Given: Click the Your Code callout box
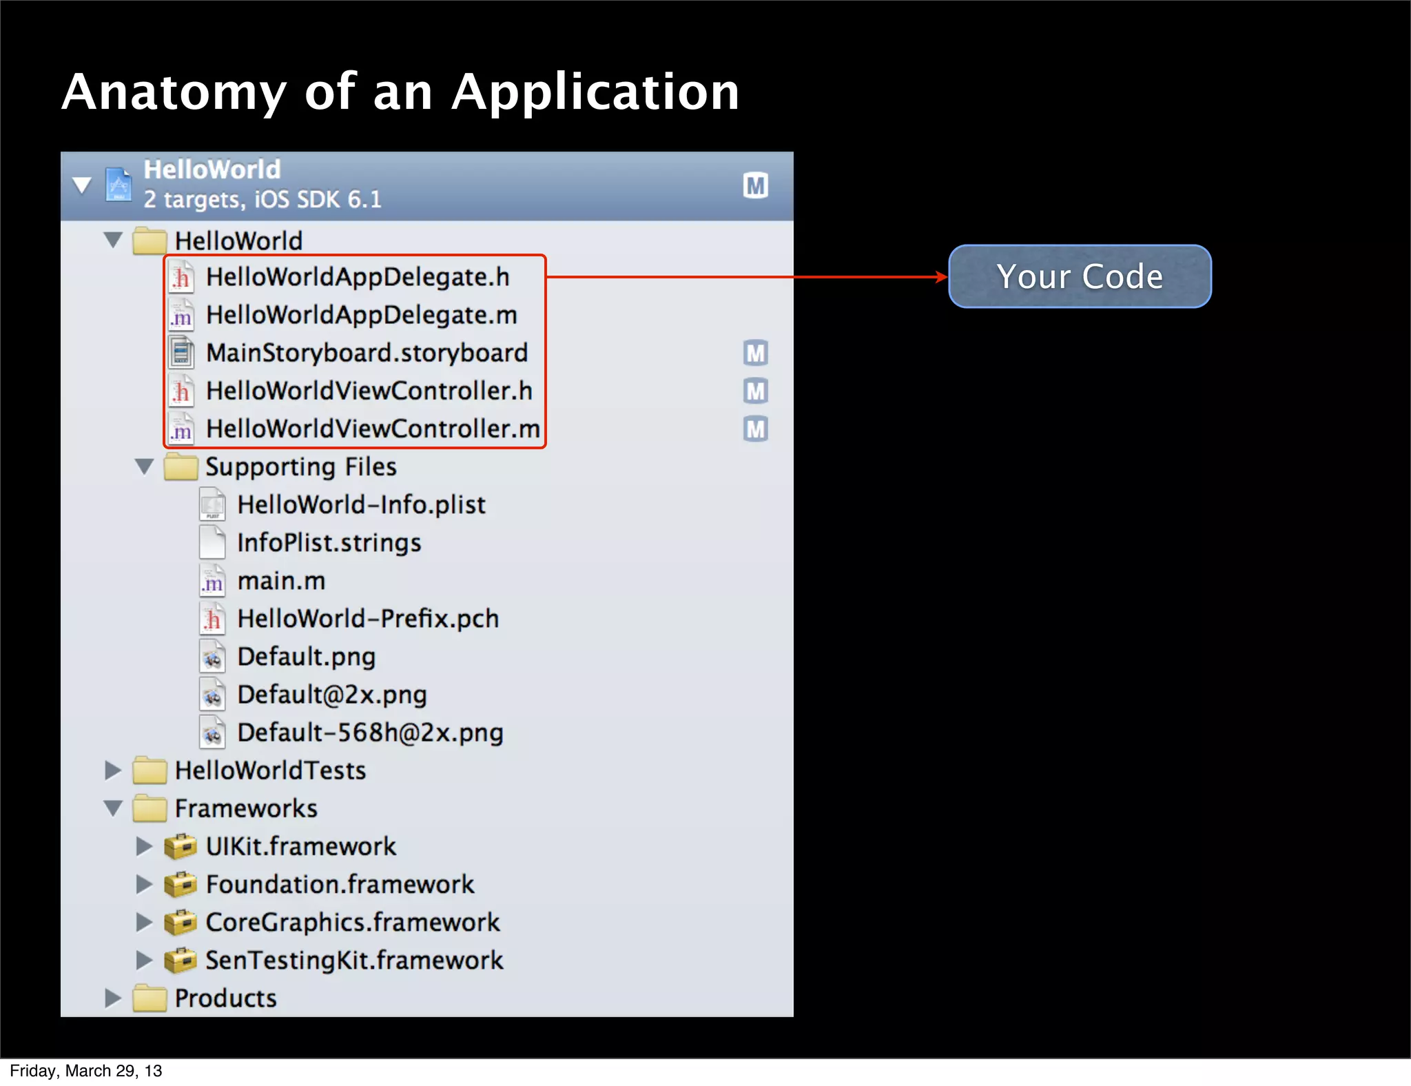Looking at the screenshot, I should (1080, 276).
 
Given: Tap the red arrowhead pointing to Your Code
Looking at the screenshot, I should (942, 277).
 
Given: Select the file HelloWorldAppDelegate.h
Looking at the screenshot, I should (358, 277).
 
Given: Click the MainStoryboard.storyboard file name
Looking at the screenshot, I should (367, 353).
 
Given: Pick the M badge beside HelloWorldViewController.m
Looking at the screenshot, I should (756, 429).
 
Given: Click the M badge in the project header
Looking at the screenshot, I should (756, 185).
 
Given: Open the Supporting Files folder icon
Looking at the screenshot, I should (181, 467).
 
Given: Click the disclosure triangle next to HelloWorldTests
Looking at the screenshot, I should (112, 770).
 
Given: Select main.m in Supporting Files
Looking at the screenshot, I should (281, 581).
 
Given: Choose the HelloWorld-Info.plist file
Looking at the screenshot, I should (361, 505).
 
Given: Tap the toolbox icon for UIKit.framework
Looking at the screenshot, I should (181, 847).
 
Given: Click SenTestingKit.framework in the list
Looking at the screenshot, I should (354, 961).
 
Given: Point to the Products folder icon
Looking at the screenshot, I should (150, 998).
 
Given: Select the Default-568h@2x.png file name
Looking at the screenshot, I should (370, 732).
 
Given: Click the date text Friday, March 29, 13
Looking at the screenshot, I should (86, 1071).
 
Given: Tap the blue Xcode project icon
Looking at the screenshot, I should (119, 185).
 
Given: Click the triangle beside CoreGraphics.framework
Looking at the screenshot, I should (144, 922).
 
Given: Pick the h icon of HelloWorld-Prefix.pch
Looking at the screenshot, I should (212, 619).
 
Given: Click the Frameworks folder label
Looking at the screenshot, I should (246, 808).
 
